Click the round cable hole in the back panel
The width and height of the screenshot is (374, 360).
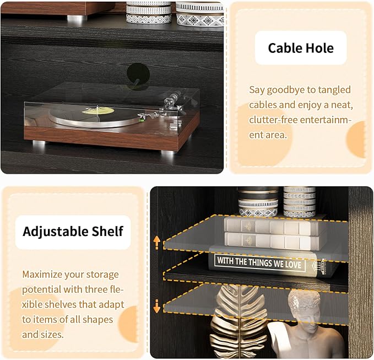tap(138, 74)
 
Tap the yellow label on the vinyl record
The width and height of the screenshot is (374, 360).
tap(98, 110)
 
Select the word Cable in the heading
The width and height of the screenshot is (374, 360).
tap(283, 48)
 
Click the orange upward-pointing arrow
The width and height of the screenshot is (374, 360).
tap(157, 243)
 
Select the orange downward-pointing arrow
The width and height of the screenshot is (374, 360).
tap(157, 307)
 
